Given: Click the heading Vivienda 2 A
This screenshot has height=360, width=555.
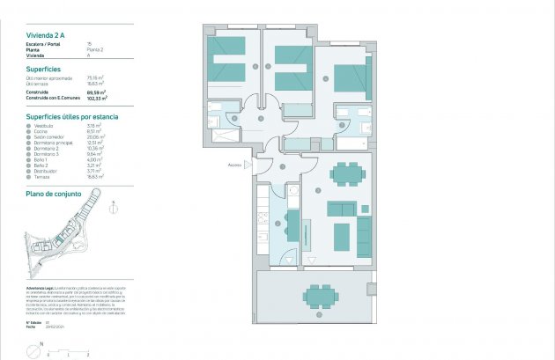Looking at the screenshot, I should [45, 34].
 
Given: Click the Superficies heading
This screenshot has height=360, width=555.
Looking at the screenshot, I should [43, 68].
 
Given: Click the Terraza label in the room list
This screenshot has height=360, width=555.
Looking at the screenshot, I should [42, 176].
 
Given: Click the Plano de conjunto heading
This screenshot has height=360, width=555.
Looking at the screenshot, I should [54, 193].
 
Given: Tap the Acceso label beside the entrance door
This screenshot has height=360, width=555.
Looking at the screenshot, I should [235, 165].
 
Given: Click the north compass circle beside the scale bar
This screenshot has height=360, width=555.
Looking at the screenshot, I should [32, 349].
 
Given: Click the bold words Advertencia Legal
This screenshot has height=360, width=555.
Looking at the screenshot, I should [41, 288].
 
